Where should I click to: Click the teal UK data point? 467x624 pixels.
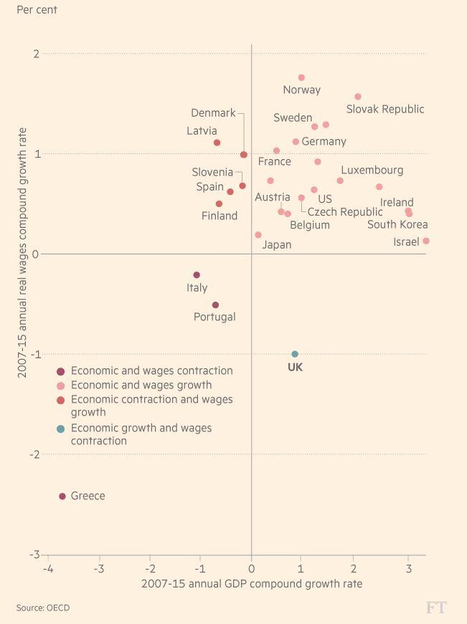pyautogui.click(x=295, y=354)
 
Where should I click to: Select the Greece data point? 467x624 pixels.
pyautogui.click(x=62, y=496)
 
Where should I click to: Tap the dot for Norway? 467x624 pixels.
pyautogui.click(x=301, y=77)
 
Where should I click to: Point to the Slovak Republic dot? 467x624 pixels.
pyautogui.click(x=358, y=97)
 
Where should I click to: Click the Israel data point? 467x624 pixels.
pyautogui.click(x=426, y=241)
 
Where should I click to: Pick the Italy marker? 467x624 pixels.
pyautogui.click(x=197, y=275)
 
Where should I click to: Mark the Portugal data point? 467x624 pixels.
pyautogui.click(x=215, y=305)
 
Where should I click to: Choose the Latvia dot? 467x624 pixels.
pyautogui.click(x=217, y=143)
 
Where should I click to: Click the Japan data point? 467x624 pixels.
pyautogui.click(x=258, y=235)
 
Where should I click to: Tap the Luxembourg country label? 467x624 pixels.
pyautogui.click(x=372, y=171)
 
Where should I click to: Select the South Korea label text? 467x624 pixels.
pyautogui.click(x=397, y=225)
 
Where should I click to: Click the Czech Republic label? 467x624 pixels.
pyautogui.click(x=345, y=212)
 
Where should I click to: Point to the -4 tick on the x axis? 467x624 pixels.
pyautogui.click(x=48, y=570)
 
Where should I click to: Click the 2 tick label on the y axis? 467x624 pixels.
pyautogui.click(x=36, y=54)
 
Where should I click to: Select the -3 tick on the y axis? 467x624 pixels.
pyautogui.click(x=34, y=555)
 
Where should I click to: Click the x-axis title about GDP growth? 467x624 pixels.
pyautogui.click(x=252, y=584)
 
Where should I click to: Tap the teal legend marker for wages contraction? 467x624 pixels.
pyautogui.click(x=61, y=428)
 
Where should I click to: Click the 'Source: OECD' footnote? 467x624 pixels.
pyautogui.click(x=43, y=608)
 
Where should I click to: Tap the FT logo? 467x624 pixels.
pyautogui.click(x=436, y=608)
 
